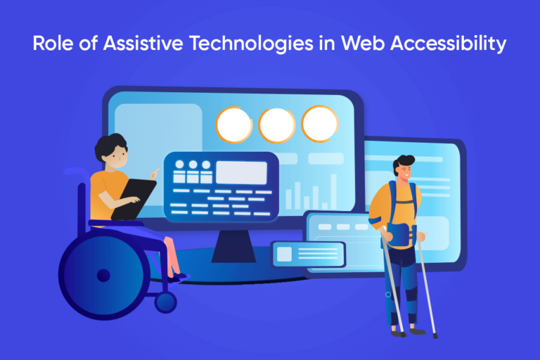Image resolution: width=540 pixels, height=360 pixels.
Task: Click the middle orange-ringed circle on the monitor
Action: [x=277, y=124]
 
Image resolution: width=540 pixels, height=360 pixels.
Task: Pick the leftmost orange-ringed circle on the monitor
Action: [x=234, y=124]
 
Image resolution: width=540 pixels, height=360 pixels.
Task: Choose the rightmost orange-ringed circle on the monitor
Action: [x=320, y=124]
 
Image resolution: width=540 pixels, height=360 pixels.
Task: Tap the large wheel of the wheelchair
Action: [x=103, y=274]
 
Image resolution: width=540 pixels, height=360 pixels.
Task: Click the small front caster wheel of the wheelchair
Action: [x=166, y=302]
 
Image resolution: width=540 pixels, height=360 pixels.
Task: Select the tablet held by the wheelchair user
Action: [x=135, y=198]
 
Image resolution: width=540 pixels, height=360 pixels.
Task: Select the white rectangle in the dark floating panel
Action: [x=241, y=172]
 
